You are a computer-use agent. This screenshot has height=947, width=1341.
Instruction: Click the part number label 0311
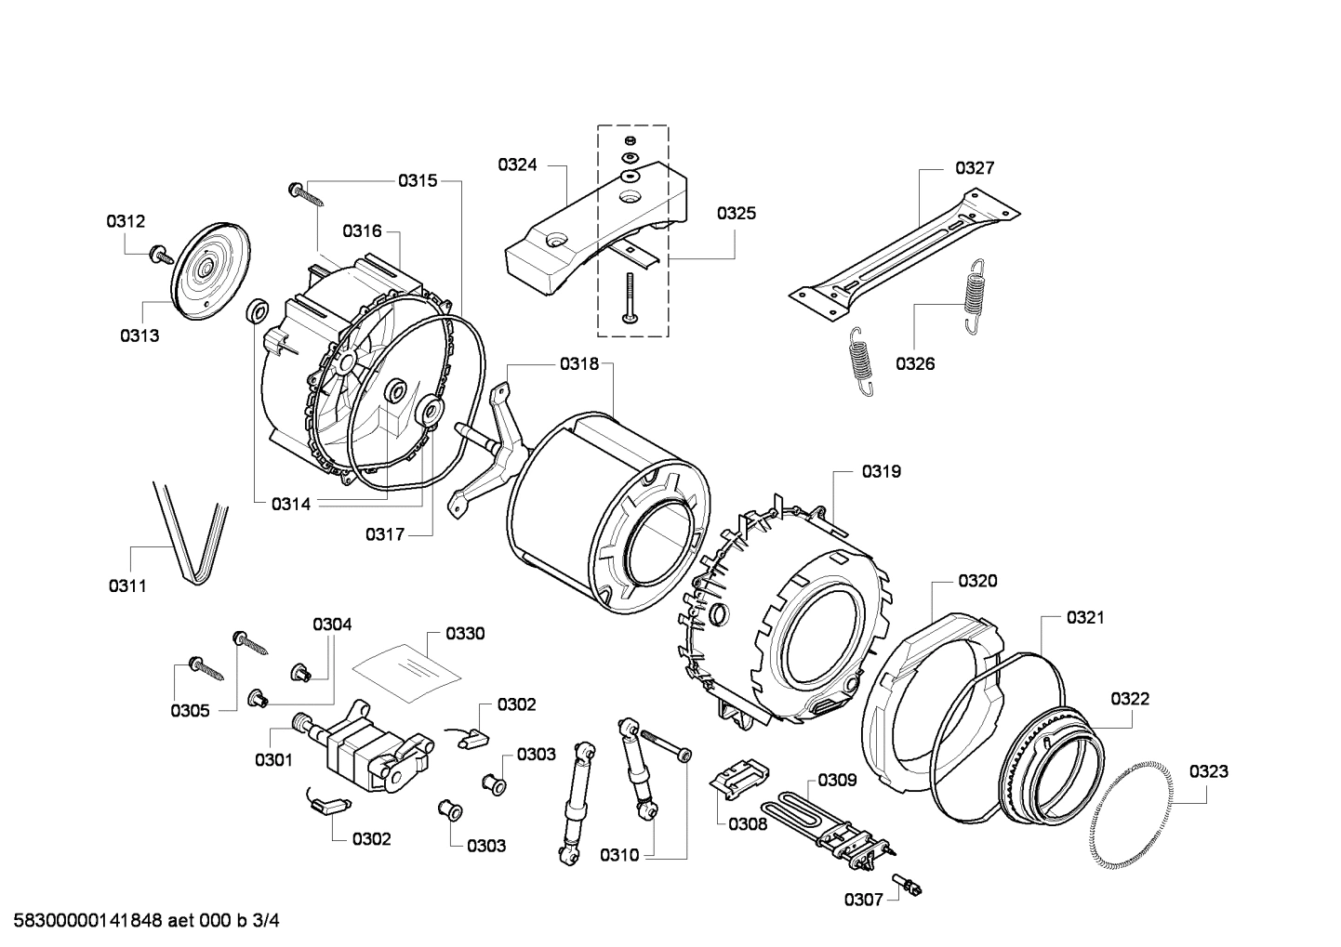coord(127,585)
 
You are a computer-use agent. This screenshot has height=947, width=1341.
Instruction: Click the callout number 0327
coord(975,168)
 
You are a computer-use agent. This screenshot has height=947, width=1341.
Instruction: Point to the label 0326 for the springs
coord(915,363)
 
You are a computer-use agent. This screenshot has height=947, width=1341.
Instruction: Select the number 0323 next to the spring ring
coord(1208,770)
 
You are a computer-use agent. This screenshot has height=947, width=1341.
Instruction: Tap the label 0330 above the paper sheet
coord(465,634)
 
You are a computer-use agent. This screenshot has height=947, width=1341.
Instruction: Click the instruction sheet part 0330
coord(405,670)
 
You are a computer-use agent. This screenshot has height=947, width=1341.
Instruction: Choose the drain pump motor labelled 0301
coord(367,748)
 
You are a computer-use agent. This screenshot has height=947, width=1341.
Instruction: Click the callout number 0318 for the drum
coord(579,364)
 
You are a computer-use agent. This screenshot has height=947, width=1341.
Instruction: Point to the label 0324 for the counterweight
coord(517,164)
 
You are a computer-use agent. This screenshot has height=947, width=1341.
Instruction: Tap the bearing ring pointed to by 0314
coord(255,311)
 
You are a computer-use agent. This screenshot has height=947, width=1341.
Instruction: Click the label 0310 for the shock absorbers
coord(619,855)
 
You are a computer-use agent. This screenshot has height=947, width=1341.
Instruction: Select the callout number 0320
coord(977,581)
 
